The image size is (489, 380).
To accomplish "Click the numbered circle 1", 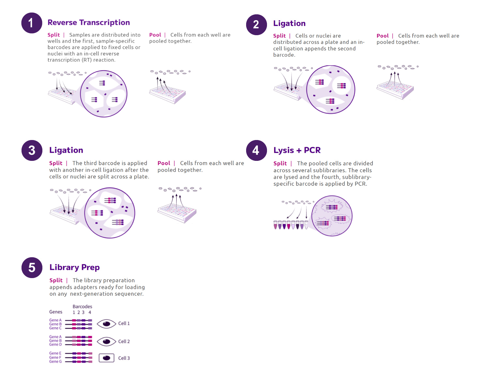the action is [x=32, y=23].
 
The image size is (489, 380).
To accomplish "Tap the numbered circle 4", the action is [x=256, y=150].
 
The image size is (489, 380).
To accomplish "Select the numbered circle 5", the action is [x=32, y=268].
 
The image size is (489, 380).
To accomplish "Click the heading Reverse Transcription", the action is [x=89, y=22].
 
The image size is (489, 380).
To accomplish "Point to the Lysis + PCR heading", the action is [x=297, y=150].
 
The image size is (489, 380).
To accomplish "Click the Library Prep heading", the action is [x=74, y=267].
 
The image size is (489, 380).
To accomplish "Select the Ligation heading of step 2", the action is [x=289, y=23].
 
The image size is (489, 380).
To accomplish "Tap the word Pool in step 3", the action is [x=164, y=163].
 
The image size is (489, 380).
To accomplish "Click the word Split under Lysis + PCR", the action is [x=280, y=163].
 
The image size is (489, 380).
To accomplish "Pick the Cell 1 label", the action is [x=124, y=323].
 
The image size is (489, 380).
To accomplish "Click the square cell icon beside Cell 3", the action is [x=107, y=358].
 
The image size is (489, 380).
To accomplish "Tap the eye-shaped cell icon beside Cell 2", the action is [x=107, y=342].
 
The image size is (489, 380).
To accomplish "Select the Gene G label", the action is [x=55, y=361].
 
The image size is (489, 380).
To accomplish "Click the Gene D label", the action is [x=55, y=345].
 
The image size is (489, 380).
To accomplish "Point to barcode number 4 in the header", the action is [x=90, y=312].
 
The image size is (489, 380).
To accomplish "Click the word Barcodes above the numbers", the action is [x=82, y=306].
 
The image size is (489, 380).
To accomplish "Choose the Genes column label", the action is [x=56, y=312].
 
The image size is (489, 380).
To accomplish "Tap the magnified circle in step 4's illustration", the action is [x=332, y=216].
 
